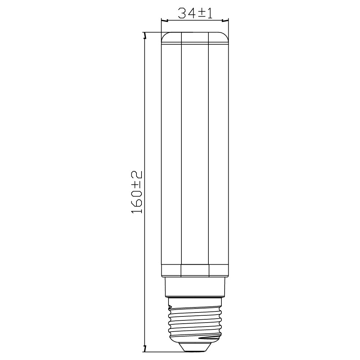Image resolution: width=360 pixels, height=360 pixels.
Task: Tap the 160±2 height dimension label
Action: [x=137, y=192]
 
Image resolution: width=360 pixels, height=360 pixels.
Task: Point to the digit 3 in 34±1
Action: [x=183, y=13]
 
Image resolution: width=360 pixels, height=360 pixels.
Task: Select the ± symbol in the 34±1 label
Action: [x=202, y=14]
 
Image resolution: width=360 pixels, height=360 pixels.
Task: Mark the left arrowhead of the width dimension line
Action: [x=163, y=21]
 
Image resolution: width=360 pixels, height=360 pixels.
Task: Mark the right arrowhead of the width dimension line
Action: [x=228, y=21]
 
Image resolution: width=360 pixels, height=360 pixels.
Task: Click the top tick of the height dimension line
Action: [x=145, y=35]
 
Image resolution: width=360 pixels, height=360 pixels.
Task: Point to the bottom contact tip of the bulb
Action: [x=195, y=347]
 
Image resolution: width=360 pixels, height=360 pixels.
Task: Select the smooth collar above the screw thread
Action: [x=195, y=287]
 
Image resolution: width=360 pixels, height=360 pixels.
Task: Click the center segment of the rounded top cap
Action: [x=195, y=37]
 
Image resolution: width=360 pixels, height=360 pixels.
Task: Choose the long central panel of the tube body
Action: [x=195, y=155]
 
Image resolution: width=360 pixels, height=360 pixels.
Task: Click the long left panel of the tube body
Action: [x=171, y=155]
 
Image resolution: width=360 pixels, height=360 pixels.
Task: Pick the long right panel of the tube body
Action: [x=219, y=155]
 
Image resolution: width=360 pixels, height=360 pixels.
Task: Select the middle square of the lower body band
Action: [x=195, y=271]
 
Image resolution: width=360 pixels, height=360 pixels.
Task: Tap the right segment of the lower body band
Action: [x=219, y=271]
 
